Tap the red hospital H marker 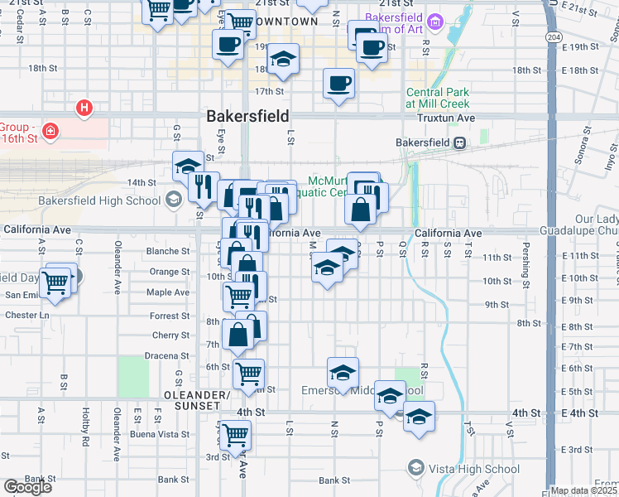pyautogui.click(x=84, y=108)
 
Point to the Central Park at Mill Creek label pyautogui.click(x=438, y=98)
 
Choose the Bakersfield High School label pyautogui.click(x=99, y=200)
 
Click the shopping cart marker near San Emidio pyautogui.click(x=55, y=282)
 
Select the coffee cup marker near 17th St pyautogui.click(x=338, y=84)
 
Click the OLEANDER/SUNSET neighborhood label pyautogui.click(x=196, y=400)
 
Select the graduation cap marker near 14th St pyautogui.click(x=188, y=166)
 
